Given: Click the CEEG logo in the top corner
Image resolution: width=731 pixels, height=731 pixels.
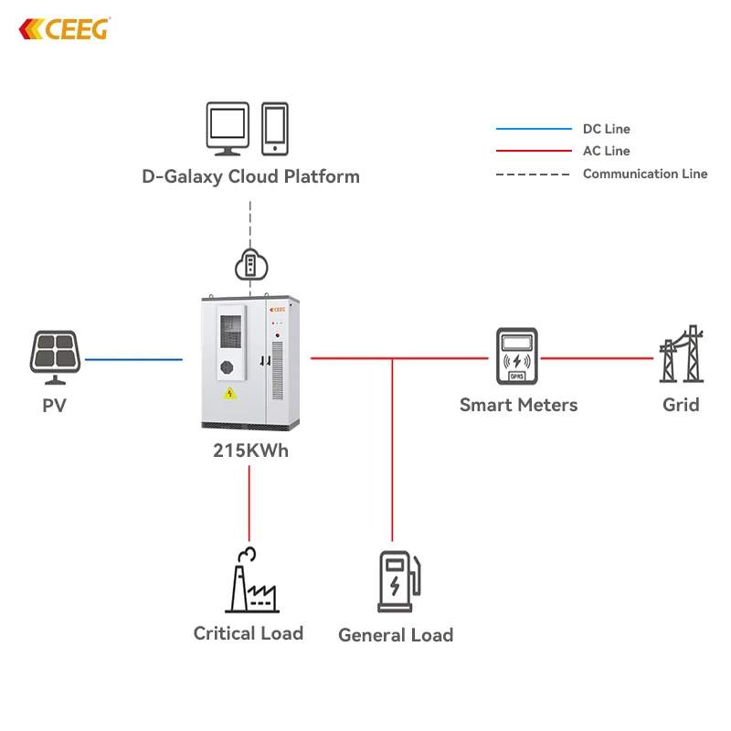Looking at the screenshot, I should tap(64, 29).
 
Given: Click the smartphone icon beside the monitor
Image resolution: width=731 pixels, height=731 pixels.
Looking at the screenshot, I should tap(276, 129).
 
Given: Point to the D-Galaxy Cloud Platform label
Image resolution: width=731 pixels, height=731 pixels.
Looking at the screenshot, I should tap(250, 176).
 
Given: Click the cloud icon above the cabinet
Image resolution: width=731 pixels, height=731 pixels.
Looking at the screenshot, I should tap(249, 265).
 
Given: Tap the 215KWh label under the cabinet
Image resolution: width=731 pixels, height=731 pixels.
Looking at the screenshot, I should tap(250, 450).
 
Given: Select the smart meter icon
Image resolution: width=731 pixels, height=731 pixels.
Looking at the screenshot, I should tap(518, 357).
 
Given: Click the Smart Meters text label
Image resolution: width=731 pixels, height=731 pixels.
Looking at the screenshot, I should tap(518, 404).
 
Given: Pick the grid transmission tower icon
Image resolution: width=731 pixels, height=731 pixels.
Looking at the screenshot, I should tap(681, 355).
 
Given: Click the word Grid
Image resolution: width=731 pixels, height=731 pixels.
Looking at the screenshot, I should tap(681, 404).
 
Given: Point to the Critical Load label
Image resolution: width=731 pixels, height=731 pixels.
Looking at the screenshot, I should tap(249, 632).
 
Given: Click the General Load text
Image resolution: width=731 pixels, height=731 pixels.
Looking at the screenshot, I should tap(396, 635).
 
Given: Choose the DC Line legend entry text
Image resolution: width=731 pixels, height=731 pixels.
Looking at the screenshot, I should tap(607, 129).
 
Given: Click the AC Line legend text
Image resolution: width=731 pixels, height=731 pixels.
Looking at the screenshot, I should tap(607, 151).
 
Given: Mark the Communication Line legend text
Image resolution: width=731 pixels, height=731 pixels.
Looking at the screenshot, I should tap(645, 174).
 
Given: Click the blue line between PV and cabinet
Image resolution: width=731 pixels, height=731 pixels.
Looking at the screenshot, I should tap(133, 359).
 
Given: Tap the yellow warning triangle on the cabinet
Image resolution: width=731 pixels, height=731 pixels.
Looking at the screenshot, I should tap(229, 394).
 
